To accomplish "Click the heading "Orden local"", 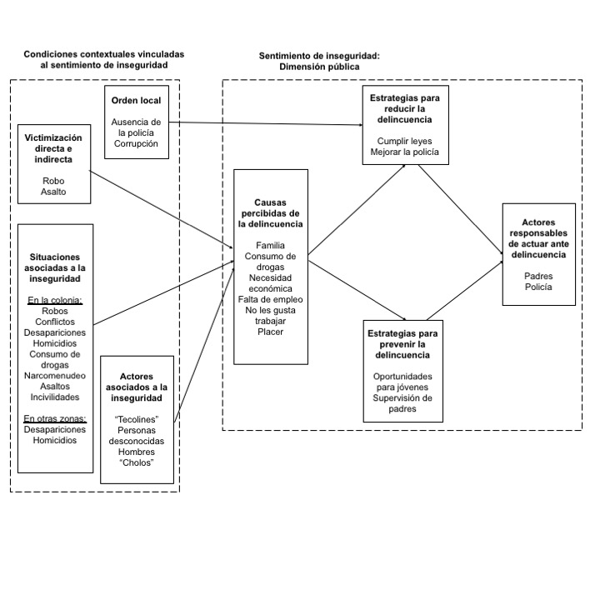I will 137,100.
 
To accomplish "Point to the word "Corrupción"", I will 137,144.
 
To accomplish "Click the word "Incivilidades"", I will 55,398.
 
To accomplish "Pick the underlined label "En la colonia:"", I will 55,300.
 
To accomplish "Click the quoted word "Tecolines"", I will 137,417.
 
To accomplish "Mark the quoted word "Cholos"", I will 137,463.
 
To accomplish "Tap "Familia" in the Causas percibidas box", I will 271,247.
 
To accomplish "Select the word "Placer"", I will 271,332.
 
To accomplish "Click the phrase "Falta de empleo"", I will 271,298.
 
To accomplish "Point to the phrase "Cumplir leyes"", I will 406,141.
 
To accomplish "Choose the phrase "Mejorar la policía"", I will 406,152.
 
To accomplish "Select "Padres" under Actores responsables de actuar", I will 538,275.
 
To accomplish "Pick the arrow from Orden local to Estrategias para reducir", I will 267,123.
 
